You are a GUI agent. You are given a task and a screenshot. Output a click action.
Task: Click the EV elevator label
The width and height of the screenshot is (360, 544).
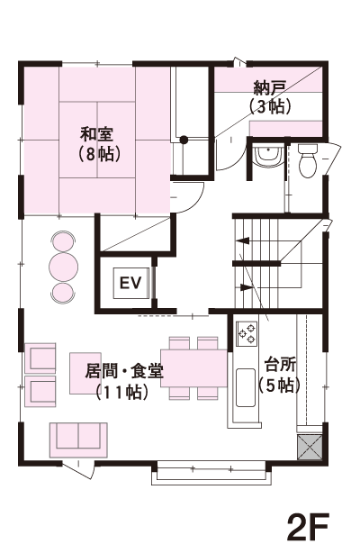130,283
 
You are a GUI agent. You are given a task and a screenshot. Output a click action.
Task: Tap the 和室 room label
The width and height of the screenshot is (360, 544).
96,134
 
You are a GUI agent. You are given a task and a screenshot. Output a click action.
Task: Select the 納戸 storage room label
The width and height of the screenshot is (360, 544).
269,88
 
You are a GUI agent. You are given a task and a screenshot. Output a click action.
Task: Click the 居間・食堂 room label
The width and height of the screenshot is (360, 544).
124,372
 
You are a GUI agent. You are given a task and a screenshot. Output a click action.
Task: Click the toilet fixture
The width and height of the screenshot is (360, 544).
308,160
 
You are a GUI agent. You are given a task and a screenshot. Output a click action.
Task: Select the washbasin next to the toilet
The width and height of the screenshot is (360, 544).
267,157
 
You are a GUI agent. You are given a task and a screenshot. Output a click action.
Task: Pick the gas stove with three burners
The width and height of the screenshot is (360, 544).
247,334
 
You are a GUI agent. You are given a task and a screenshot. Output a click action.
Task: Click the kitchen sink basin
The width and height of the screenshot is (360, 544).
246,387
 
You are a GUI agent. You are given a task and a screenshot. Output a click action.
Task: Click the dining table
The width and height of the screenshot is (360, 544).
193,367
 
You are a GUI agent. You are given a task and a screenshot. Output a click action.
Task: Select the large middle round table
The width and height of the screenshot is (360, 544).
63,267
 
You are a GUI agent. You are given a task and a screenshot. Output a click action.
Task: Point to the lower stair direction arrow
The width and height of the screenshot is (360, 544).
245,287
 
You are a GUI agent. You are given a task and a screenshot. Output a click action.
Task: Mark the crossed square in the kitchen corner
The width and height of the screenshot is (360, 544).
310,447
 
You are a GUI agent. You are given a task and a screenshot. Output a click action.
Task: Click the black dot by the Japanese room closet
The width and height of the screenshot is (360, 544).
184,140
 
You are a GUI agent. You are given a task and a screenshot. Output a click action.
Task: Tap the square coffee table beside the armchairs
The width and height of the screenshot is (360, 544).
85,373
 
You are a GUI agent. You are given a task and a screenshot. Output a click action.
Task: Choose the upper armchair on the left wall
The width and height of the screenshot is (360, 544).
40,358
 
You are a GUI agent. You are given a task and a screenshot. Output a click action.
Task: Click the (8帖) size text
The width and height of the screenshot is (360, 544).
100,154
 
